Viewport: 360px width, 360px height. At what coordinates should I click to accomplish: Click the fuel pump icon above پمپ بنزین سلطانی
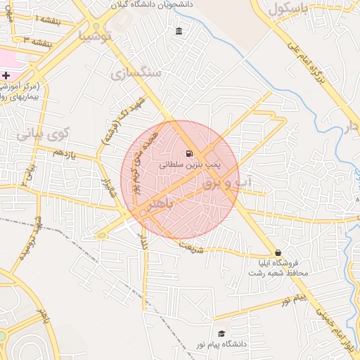coord(188,153)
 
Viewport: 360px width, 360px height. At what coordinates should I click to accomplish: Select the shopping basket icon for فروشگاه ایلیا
coord(278,252)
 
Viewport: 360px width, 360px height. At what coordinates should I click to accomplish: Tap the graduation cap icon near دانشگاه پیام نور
coord(222,334)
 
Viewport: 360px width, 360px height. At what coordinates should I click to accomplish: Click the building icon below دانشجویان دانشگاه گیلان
coord(179,32)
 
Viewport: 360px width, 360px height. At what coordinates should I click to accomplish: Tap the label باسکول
coord(289,9)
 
